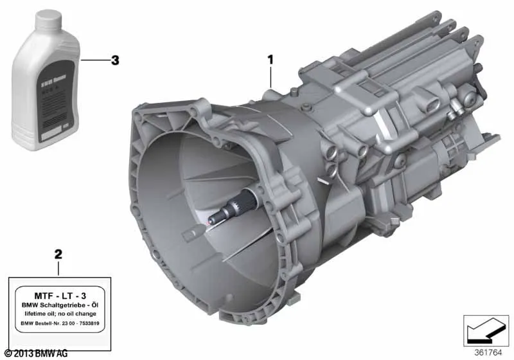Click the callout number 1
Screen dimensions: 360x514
270,60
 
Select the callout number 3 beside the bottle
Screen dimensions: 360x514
115,60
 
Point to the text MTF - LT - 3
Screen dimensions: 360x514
59,294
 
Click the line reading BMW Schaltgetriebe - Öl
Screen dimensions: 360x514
59,305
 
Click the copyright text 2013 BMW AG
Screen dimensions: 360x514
39,354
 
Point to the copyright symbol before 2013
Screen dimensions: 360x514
7,354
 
